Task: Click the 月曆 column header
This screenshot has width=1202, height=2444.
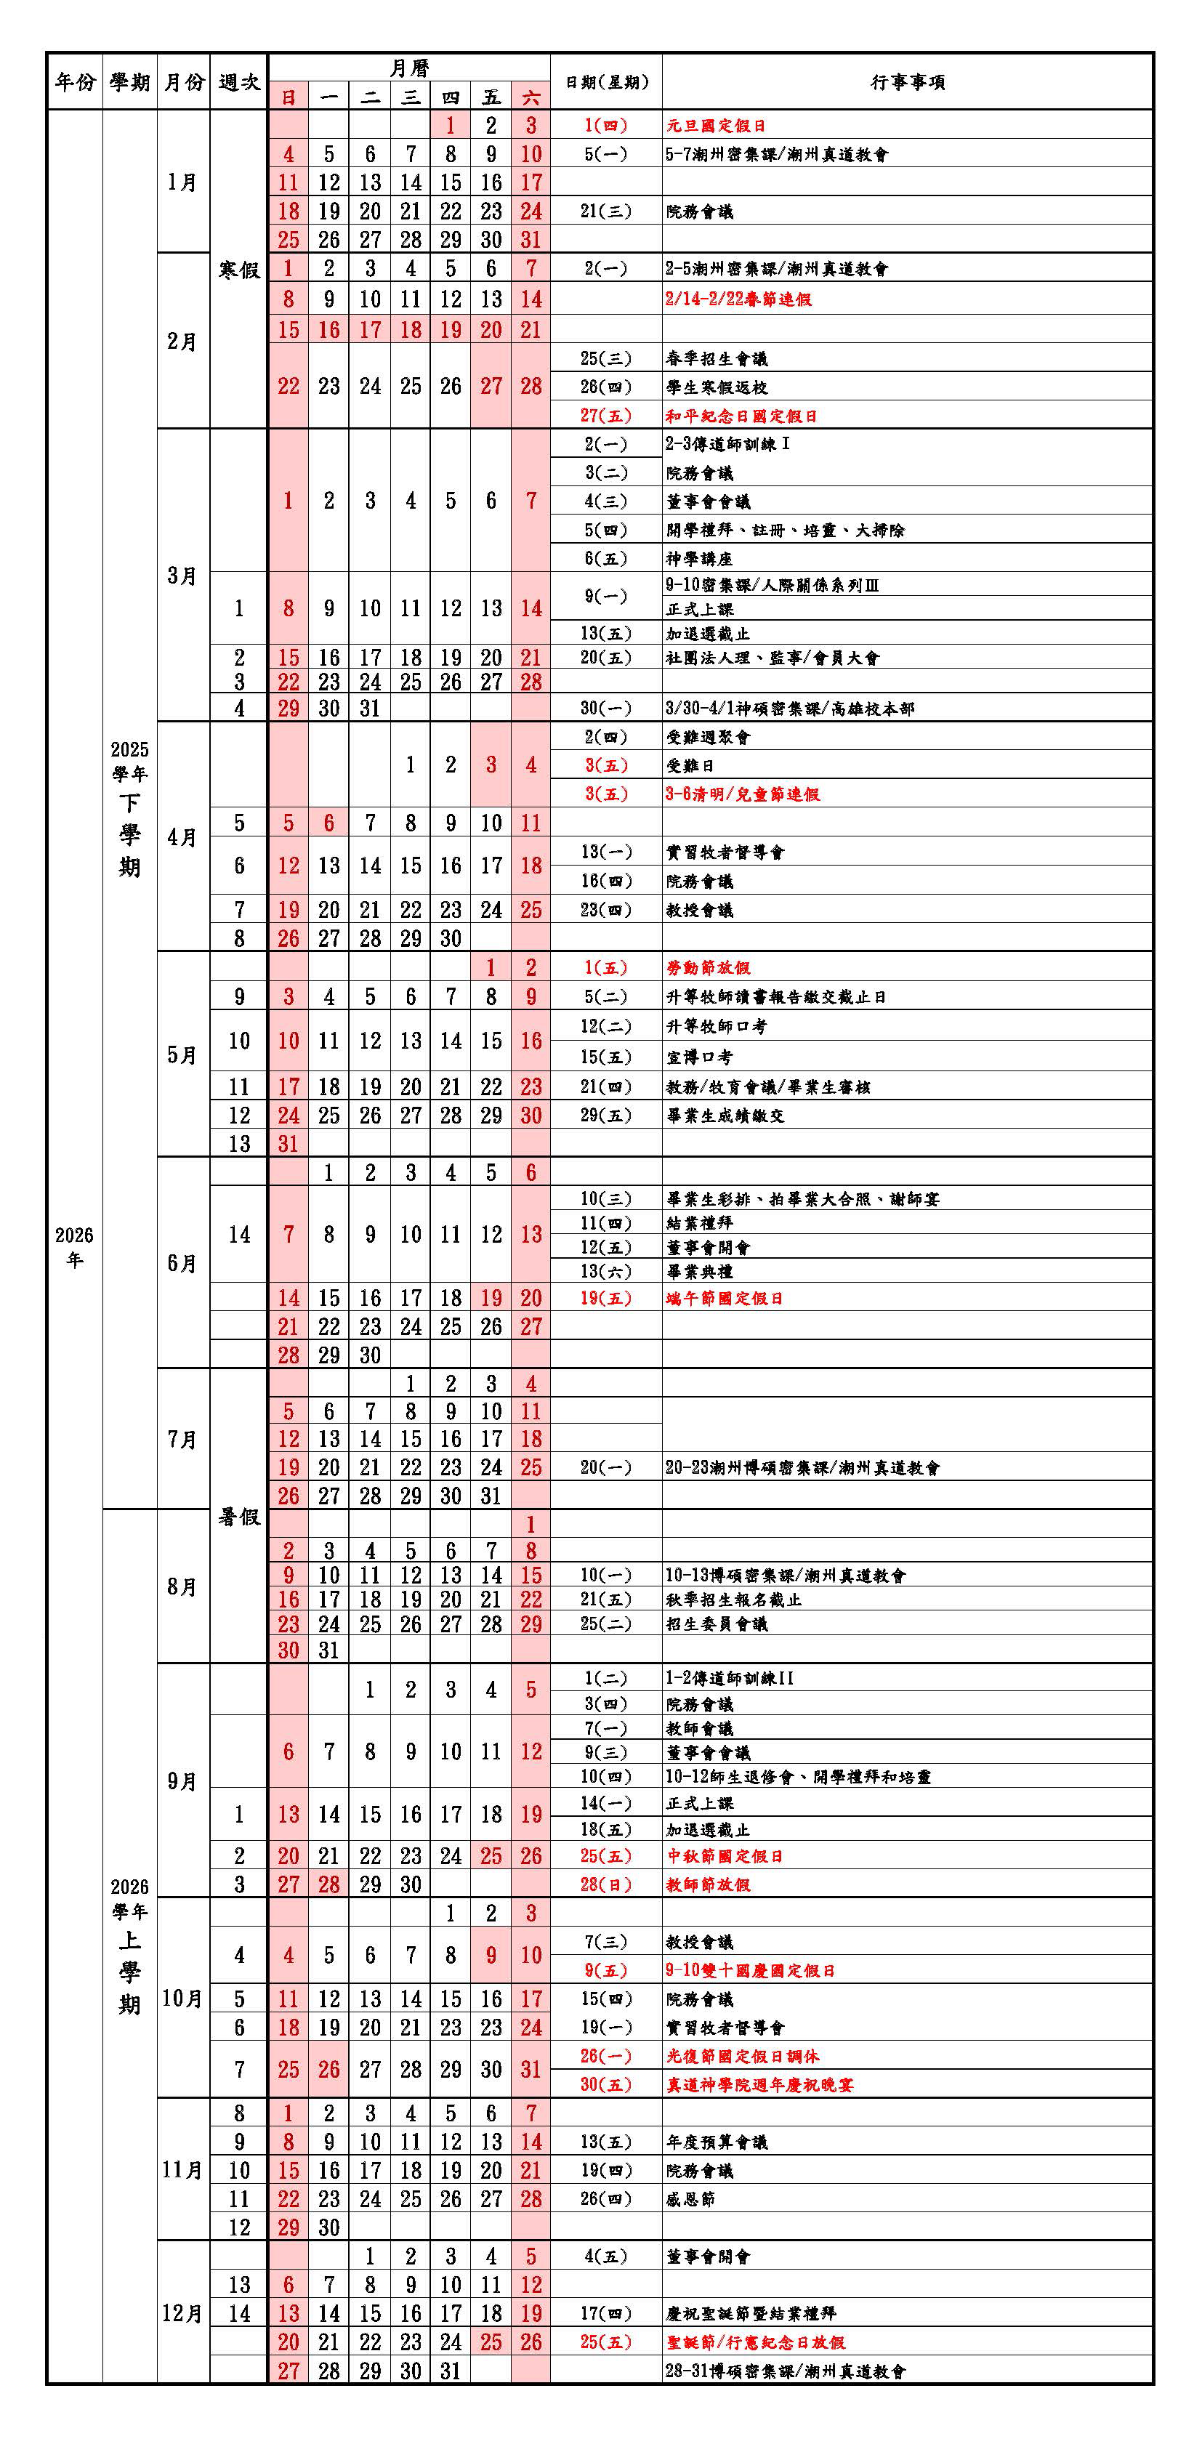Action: pos(409,68)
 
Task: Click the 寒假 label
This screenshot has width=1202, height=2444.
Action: pos(239,270)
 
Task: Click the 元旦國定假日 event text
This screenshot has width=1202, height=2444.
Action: pos(715,125)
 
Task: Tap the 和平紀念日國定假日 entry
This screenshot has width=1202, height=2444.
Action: pos(741,416)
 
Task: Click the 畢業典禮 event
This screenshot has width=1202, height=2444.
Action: pos(699,1271)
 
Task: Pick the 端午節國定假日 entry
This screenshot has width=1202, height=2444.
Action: pos(724,1298)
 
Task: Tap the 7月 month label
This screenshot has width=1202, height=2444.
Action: pos(182,1439)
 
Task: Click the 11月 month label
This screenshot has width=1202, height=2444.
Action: pos(182,2170)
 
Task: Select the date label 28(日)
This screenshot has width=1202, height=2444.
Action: pos(605,1884)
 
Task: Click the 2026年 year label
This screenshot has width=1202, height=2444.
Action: pos(74,1246)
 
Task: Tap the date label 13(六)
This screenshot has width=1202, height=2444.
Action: pos(605,1271)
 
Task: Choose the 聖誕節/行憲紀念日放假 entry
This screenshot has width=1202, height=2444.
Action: pos(755,2342)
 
